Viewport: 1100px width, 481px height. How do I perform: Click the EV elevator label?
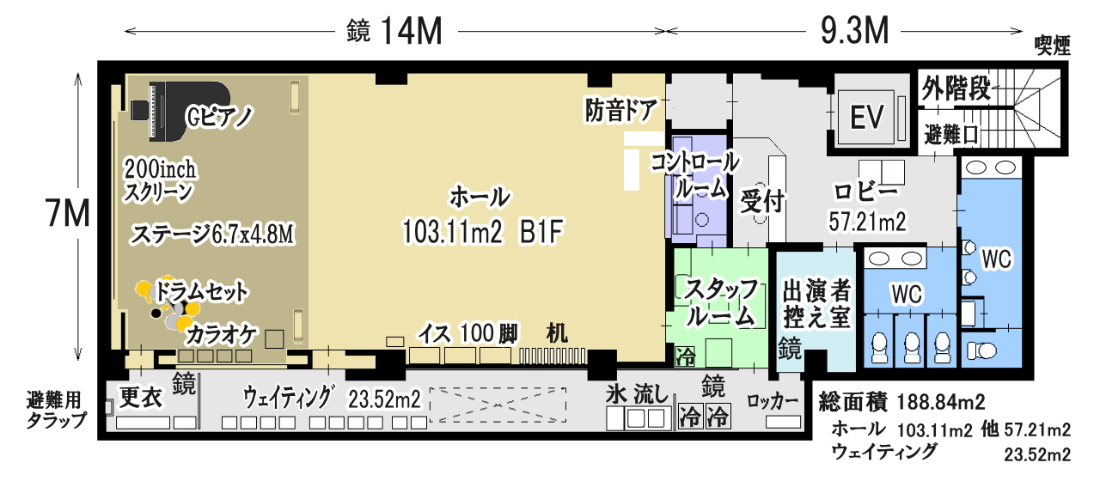point(867,117)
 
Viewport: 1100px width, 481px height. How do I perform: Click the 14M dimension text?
point(412,31)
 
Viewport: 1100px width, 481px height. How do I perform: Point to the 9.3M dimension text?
point(855,30)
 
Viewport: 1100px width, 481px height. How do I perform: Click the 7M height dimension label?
point(68,214)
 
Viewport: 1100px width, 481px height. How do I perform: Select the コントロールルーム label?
point(695,175)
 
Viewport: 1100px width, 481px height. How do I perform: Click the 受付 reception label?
point(761,201)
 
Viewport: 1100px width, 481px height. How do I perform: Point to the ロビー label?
point(867,192)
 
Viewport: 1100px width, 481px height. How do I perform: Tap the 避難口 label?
point(951,135)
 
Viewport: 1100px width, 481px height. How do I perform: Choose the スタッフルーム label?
point(721,301)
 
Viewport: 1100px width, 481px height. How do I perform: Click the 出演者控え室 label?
point(816,303)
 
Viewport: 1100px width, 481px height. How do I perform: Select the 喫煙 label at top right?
point(1053,46)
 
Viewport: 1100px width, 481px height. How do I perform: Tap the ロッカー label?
point(773,401)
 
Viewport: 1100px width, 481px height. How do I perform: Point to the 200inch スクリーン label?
point(160,180)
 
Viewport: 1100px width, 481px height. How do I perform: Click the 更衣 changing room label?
point(140,397)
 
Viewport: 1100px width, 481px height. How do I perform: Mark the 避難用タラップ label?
point(56,411)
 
